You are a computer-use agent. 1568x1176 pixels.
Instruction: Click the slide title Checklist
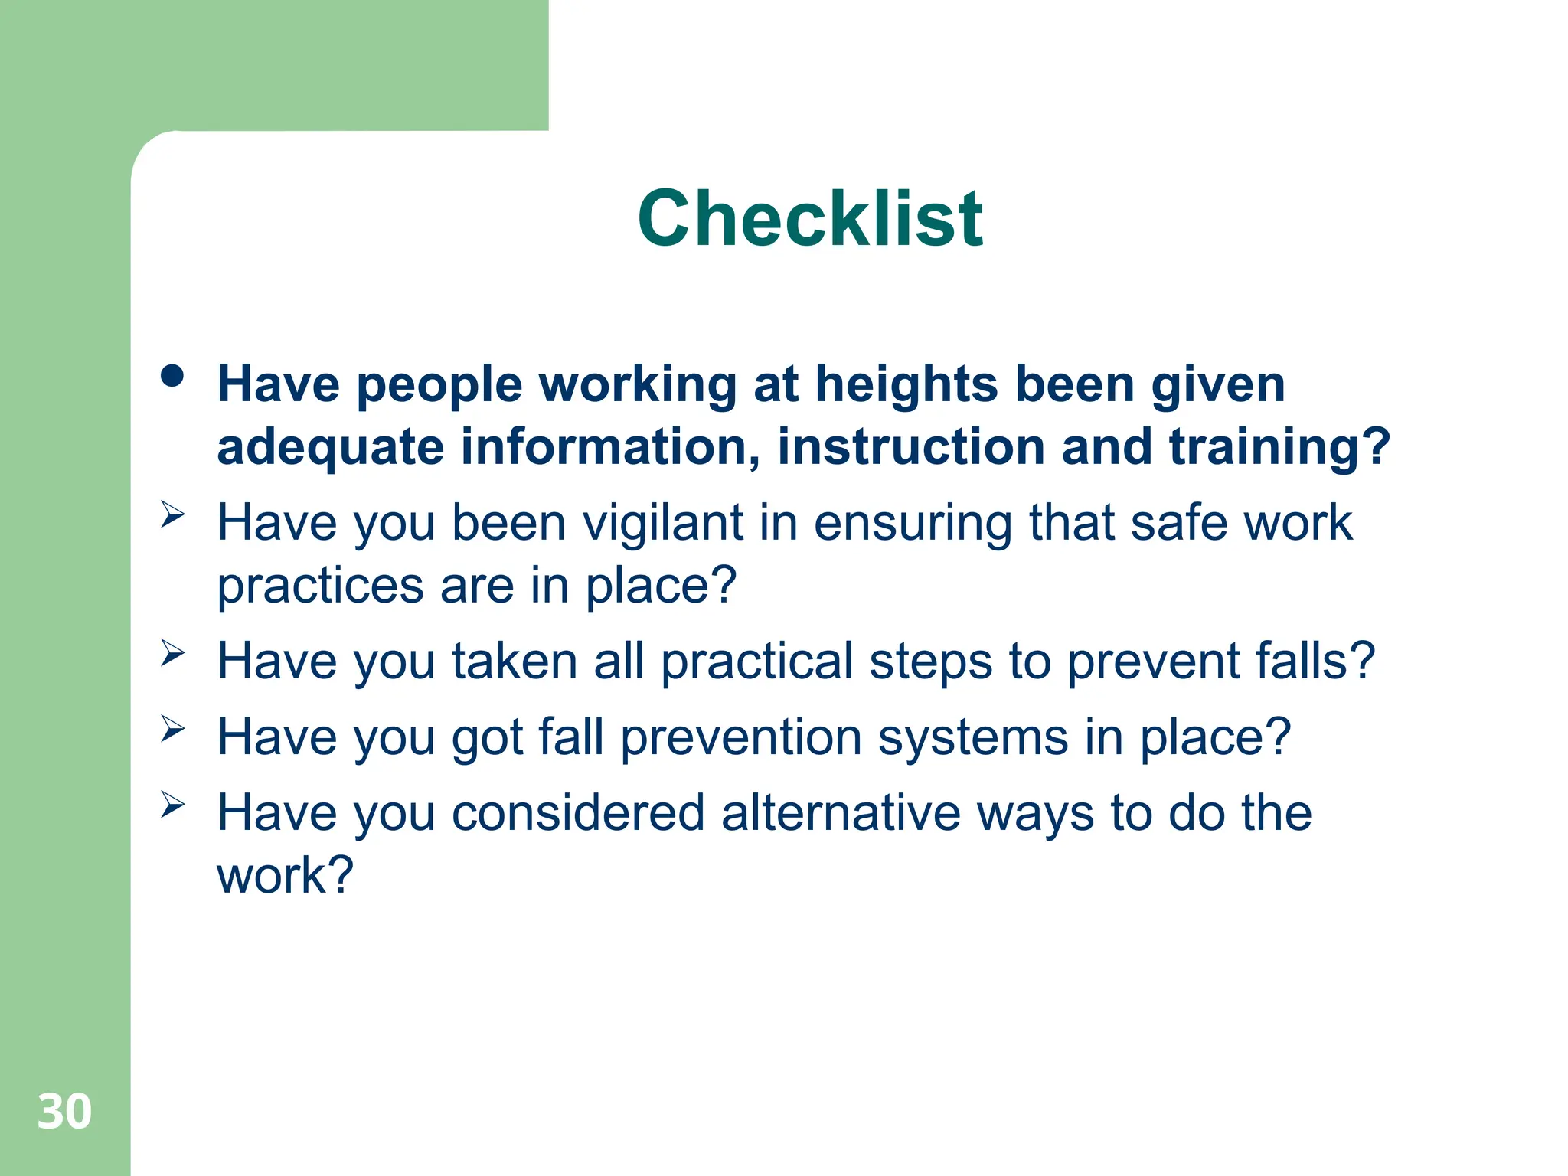coord(810,219)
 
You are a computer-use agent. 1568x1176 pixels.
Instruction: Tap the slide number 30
coord(64,1112)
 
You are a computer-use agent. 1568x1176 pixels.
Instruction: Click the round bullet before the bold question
coord(173,376)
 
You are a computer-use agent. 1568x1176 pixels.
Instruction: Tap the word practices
coord(320,587)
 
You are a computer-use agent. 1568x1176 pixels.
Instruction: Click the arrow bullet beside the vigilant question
coord(173,514)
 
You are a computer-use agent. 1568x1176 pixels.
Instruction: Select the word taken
coord(514,661)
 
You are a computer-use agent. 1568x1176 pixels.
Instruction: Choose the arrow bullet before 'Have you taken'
coord(173,652)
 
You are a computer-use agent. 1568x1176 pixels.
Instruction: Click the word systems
coord(972,739)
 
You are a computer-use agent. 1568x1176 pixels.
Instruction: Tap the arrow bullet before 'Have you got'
coord(173,728)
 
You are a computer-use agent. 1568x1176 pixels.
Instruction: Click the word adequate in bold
coord(330,448)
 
